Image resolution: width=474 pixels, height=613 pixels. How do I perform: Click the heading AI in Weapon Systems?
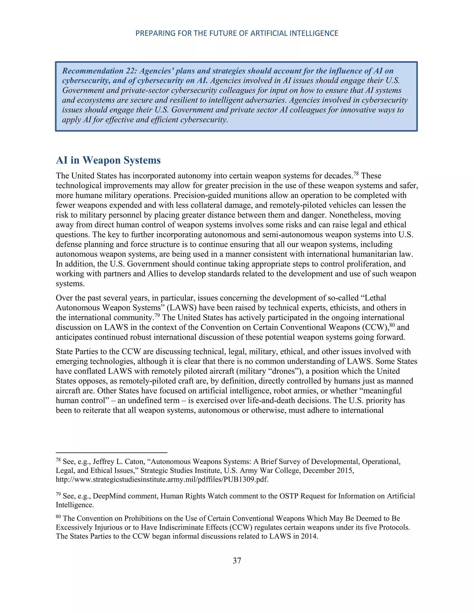pos(108,160)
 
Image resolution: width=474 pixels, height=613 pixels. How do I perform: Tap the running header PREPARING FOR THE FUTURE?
pos(237,33)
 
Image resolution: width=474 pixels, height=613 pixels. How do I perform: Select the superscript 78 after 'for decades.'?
pos(356,174)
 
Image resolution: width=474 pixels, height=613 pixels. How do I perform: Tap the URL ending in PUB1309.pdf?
pos(162,479)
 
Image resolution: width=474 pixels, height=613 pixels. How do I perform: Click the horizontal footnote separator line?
pos(112,452)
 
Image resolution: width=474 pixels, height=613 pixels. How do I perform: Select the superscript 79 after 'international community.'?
pos(157,316)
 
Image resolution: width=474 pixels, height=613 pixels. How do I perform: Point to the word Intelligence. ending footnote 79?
pos(75,505)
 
